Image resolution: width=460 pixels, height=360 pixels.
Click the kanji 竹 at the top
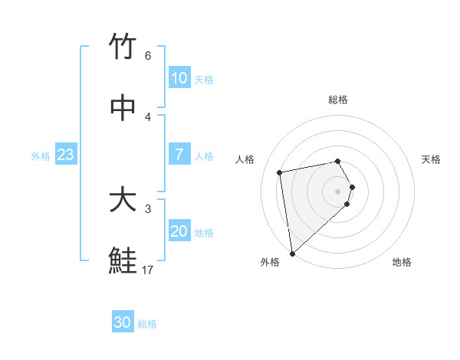[x=123, y=47]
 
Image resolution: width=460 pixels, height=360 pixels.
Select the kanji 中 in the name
[x=123, y=107]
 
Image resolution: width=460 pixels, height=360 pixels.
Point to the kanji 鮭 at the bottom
[x=123, y=261]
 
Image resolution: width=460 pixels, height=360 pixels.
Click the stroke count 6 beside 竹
[x=148, y=56]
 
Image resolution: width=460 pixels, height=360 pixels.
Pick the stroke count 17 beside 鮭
[x=148, y=270]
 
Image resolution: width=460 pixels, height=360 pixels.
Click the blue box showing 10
[x=179, y=78]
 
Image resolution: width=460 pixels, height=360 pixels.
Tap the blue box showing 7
[x=179, y=155]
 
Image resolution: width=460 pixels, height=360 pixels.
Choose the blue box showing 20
[x=179, y=231]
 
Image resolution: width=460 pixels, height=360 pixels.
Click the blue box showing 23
[x=66, y=155]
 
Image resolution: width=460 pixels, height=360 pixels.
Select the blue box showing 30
[x=123, y=322]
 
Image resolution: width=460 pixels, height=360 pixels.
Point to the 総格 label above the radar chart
[x=338, y=100]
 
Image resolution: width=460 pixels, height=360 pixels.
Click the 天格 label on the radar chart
[x=431, y=159]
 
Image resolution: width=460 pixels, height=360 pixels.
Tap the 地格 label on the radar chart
[x=402, y=262]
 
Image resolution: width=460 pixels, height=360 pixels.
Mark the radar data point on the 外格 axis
[x=292, y=253]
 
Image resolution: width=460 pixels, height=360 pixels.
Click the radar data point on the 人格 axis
[x=280, y=172]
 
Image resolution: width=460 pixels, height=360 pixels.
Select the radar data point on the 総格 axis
[x=338, y=161]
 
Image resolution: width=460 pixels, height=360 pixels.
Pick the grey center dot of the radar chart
[x=338, y=190]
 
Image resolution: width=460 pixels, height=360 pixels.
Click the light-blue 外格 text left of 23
[x=41, y=156]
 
